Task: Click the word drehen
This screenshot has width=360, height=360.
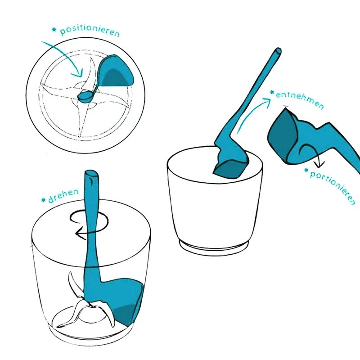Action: tap(63, 194)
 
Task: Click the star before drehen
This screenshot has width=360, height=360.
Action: tap(43, 199)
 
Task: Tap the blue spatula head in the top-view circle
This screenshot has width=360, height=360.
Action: tap(115, 72)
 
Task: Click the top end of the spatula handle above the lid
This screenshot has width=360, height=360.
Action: tap(90, 175)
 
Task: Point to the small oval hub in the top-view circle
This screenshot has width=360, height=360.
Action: tap(85, 95)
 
